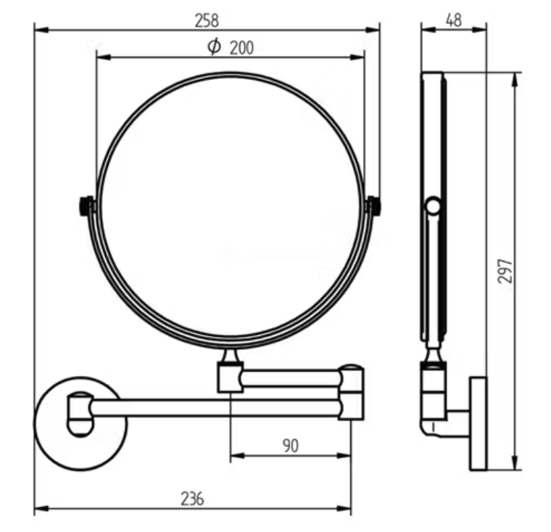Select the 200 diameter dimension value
[x=241, y=48]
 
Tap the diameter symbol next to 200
[x=214, y=47]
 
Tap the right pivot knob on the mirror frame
[x=374, y=206]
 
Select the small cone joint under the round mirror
[x=231, y=357]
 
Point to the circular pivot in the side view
[x=433, y=206]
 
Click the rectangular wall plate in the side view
[x=478, y=423]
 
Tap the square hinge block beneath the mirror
[x=230, y=377]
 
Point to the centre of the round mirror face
[x=231, y=210]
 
